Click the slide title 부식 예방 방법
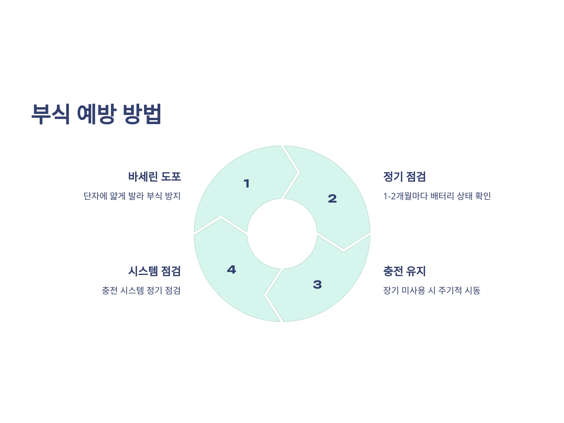coord(96,114)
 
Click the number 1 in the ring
coord(247,184)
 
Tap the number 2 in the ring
coord(332,199)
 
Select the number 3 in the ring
coord(317,285)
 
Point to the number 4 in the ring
coord(231,270)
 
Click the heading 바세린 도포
coord(155,177)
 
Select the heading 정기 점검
coord(404,177)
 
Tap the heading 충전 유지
coord(404,271)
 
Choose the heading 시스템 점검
coord(155,271)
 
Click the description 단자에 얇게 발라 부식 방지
coord(132,196)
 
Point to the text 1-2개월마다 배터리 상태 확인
coord(437,196)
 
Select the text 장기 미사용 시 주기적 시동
coord(432,290)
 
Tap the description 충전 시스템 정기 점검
coord(141,290)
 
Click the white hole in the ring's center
coord(282,234)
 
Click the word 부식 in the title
coord(51,114)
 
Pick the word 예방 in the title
coord(97,114)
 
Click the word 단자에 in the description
coord(95,196)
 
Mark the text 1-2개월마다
coord(405,196)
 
